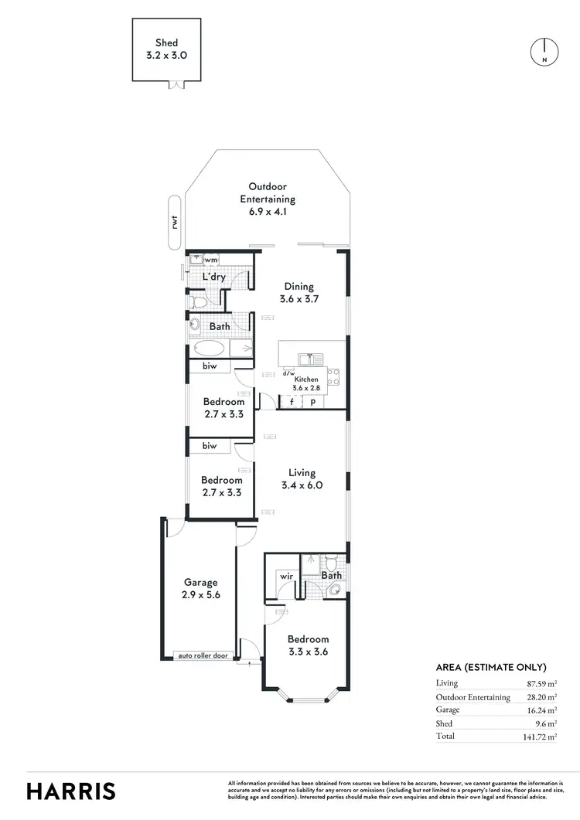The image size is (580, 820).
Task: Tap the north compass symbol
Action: coord(544,52)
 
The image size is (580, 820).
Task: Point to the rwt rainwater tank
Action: coord(176,223)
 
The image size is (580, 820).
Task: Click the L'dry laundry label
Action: coord(213,277)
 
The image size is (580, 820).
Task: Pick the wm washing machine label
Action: coord(210,260)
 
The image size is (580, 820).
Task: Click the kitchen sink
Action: coord(312,358)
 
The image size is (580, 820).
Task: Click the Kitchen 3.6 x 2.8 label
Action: coord(307,384)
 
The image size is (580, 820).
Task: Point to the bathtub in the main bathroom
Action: coord(221,349)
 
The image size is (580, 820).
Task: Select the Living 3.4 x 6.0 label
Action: coord(301,479)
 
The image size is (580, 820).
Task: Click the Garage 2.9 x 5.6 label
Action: coord(200,589)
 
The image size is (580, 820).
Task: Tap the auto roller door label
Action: coord(203,655)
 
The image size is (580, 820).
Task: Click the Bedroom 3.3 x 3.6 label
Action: coord(308,645)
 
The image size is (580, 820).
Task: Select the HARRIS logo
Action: coord(71,791)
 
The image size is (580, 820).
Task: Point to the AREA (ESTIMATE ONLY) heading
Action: coord(491,668)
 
